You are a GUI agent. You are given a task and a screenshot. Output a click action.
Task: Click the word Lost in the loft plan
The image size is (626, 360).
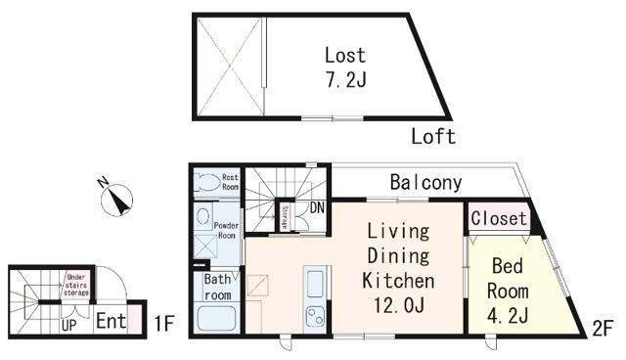click(x=345, y=56)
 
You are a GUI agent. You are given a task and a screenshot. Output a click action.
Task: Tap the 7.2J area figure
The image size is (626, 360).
click(x=346, y=80)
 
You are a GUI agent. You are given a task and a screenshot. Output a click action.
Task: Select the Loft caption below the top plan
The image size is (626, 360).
click(x=433, y=137)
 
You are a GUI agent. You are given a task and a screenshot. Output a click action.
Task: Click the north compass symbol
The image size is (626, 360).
click(x=116, y=200)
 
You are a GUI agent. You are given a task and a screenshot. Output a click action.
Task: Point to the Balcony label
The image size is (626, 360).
click(x=426, y=182)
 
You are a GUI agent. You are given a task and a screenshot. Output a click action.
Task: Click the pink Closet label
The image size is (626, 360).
click(x=499, y=218)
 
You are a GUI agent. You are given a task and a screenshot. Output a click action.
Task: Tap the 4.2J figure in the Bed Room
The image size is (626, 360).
click(x=508, y=316)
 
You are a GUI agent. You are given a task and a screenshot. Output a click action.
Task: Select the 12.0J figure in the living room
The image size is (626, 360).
click(x=399, y=305)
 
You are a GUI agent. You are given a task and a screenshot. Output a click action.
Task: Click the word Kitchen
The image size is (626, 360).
click(x=398, y=281)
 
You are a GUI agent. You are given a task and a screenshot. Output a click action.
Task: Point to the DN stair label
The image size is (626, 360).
click(x=317, y=207)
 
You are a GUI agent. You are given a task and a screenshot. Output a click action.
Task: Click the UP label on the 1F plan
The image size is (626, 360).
click(x=68, y=326)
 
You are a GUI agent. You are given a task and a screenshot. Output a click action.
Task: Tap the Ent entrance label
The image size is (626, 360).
click(x=111, y=321)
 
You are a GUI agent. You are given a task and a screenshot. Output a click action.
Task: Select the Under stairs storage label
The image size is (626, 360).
click(x=76, y=285)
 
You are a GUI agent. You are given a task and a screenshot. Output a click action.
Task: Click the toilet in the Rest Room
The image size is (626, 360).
click(x=206, y=182)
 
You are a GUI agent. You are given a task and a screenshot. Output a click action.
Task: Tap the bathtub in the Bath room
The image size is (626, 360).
click(x=216, y=318)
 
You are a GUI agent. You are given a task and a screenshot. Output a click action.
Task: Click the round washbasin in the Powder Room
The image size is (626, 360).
click(x=203, y=217)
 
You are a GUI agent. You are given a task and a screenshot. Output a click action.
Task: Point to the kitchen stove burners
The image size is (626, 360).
click(x=315, y=315)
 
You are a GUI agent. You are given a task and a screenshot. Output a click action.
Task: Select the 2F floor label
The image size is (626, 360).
click(x=603, y=330)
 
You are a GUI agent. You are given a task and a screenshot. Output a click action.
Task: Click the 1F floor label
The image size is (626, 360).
click(x=164, y=323)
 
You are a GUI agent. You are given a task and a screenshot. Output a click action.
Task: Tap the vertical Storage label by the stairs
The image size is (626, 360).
click(x=285, y=217)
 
